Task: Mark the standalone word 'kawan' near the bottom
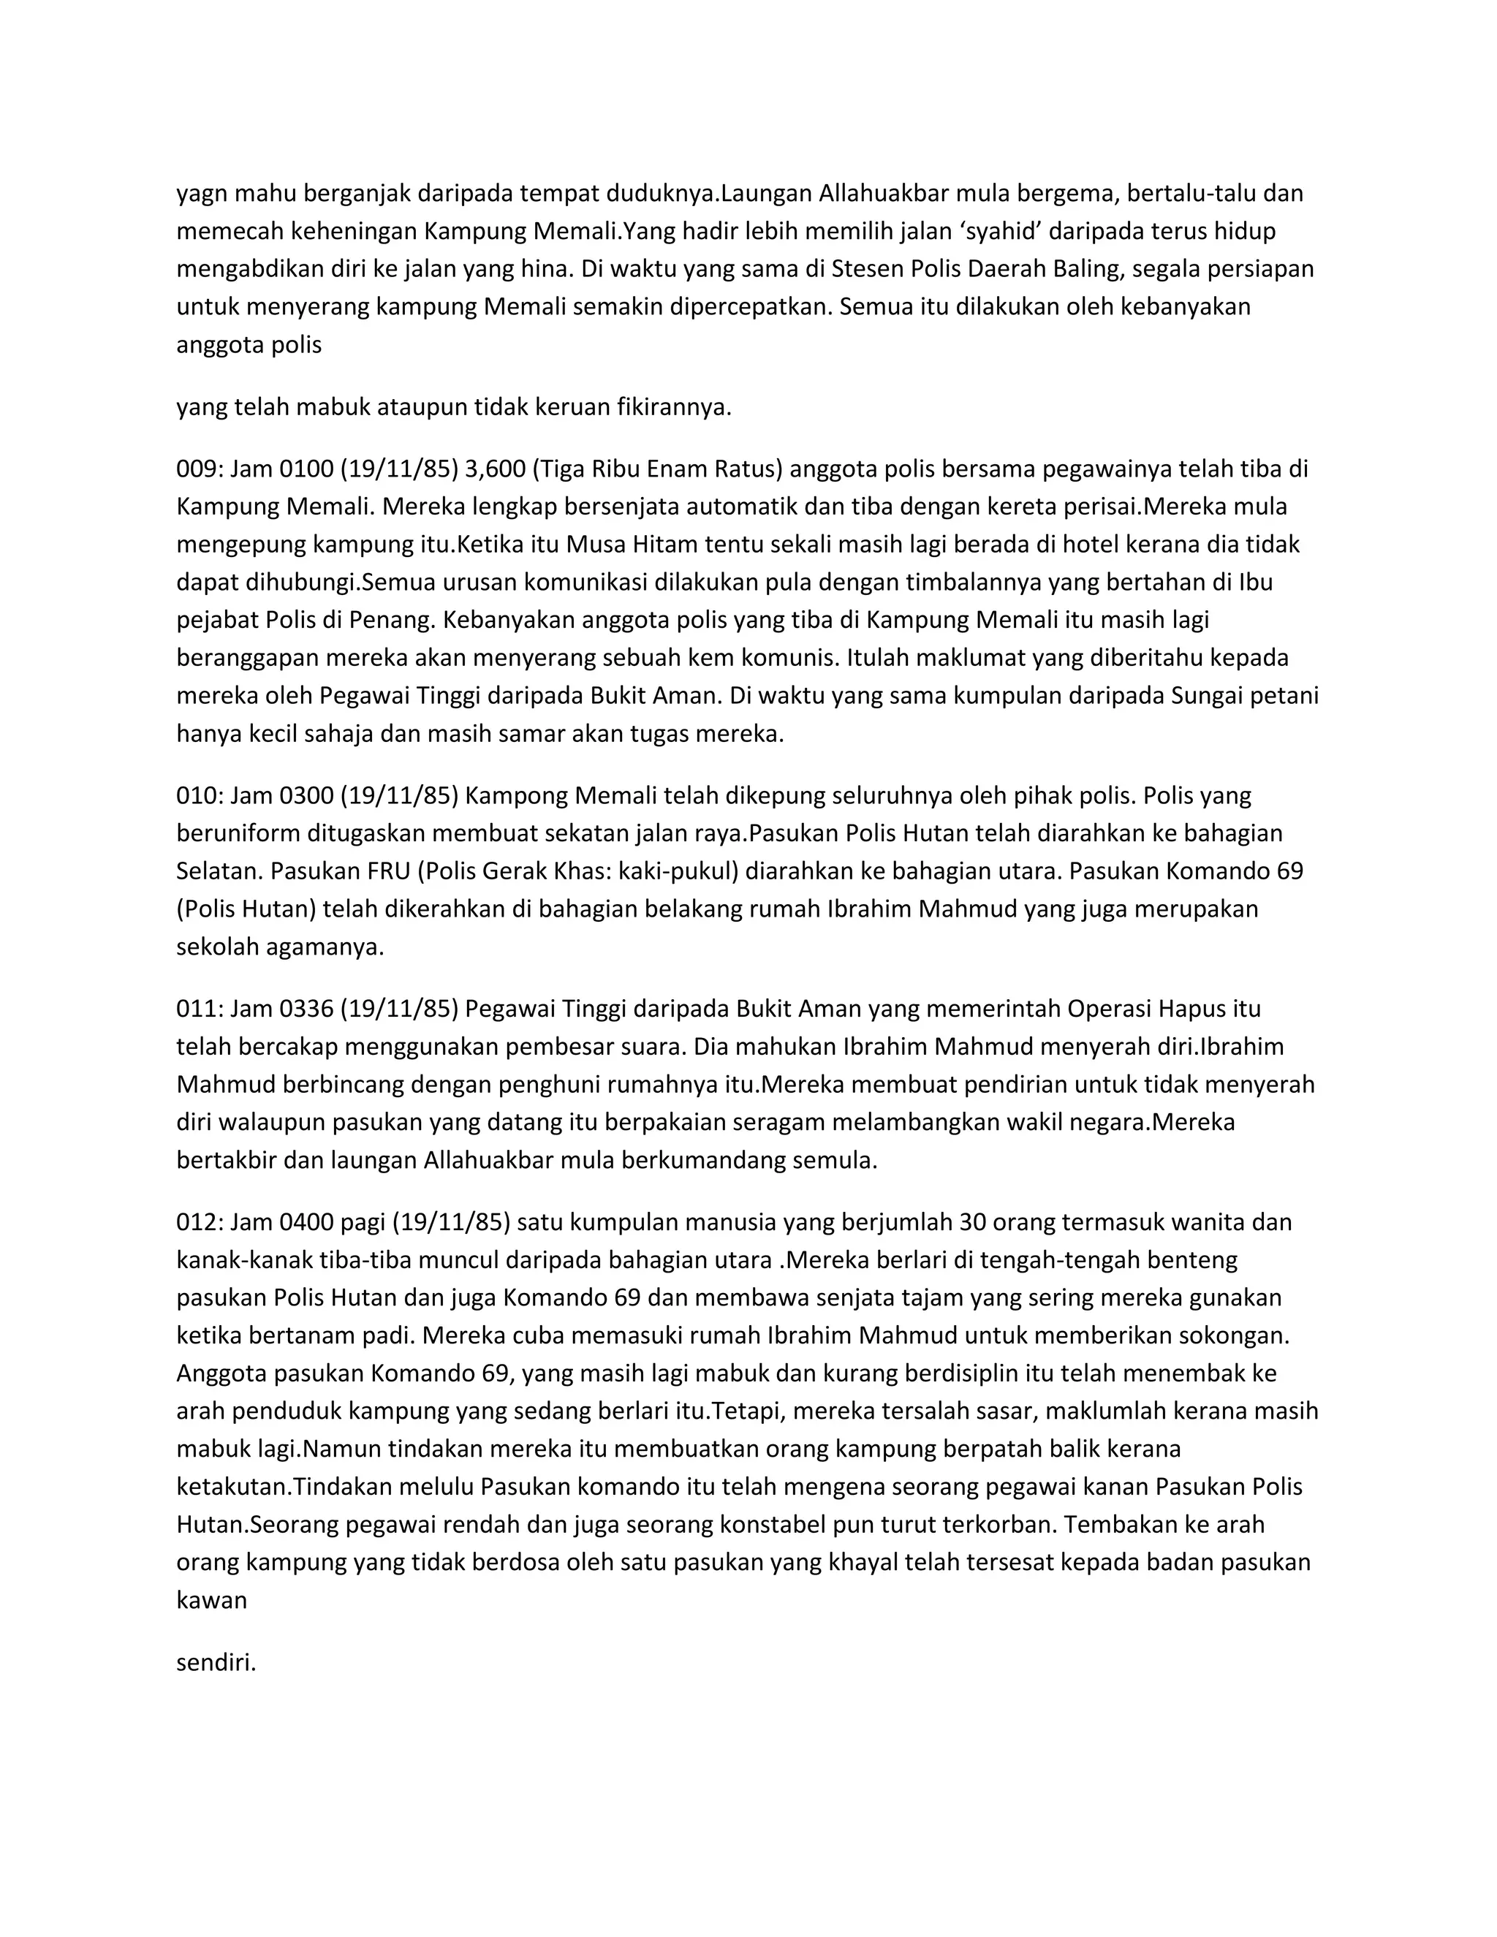tap(211, 1601)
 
